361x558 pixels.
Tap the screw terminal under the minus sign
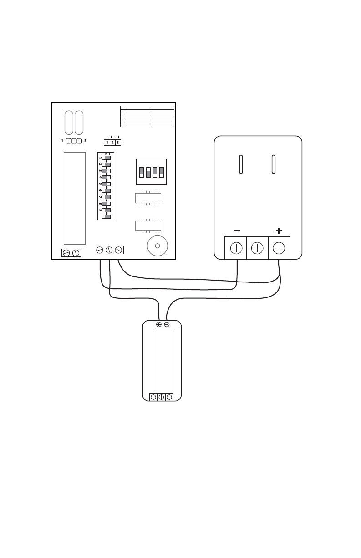tap(236, 248)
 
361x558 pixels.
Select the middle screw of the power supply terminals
tap(257, 248)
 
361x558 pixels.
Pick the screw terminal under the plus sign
tap(279, 248)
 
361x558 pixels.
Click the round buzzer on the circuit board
tap(158, 246)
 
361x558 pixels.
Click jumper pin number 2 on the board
tap(112, 143)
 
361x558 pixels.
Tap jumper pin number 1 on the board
tap(107, 143)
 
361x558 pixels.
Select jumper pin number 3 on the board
tap(118, 143)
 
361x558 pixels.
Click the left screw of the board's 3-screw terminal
tap(100, 250)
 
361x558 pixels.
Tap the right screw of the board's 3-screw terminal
tap(118, 250)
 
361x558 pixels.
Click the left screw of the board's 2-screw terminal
tap(66, 253)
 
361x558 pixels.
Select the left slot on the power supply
tap(241, 164)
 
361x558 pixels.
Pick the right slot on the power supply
tap(273, 164)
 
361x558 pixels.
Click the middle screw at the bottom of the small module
tap(162, 397)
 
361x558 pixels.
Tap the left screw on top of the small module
tap(159, 324)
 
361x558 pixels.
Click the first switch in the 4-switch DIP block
tap(142, 172)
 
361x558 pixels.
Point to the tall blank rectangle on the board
tap(75, 198)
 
